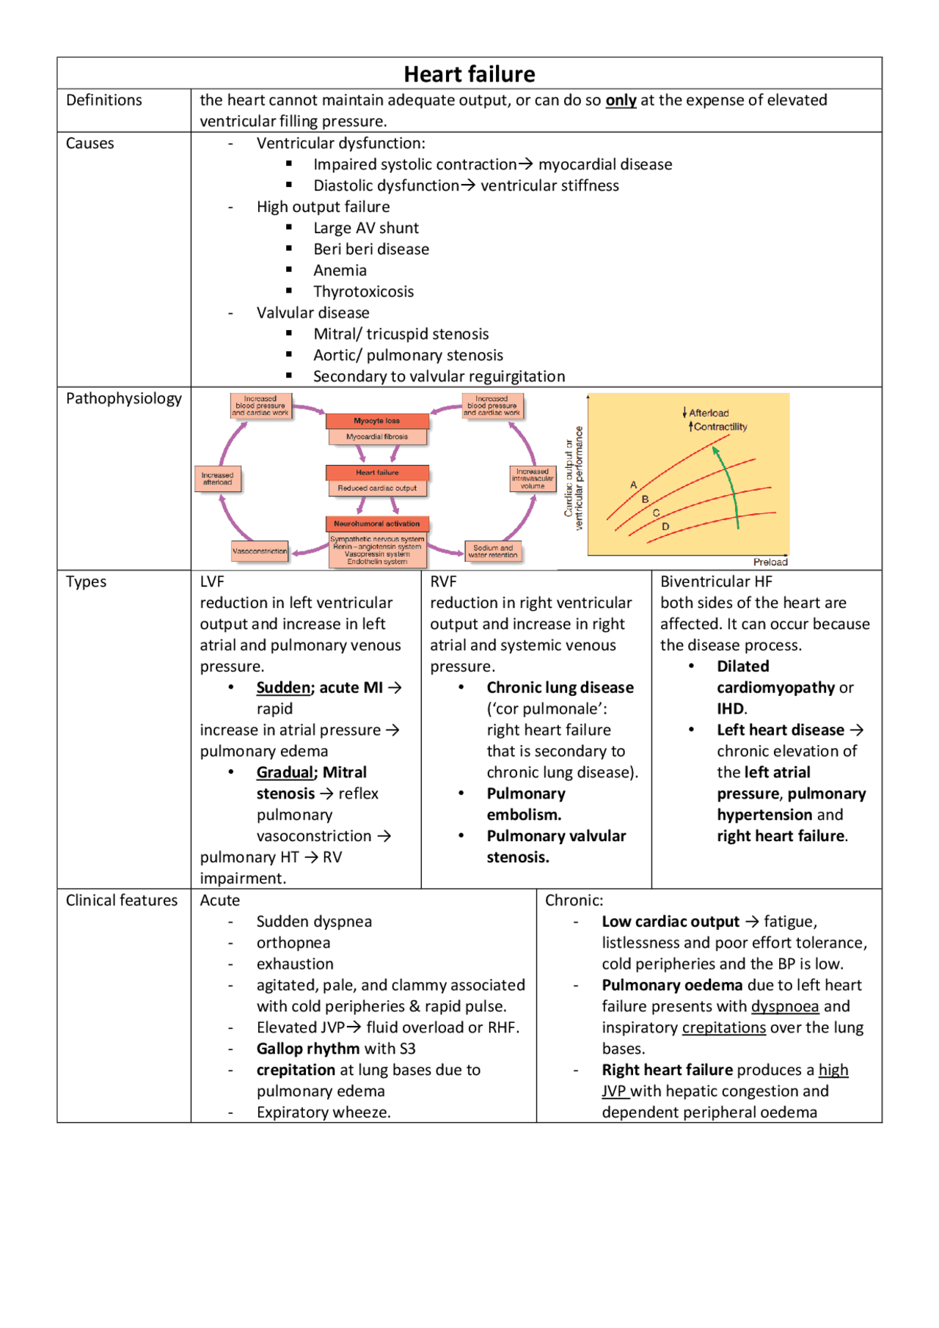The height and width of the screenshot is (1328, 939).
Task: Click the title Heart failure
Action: pyautogui.click(x=469, y=74)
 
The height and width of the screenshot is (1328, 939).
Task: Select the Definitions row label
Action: pyautogui.click(x=104, y=100)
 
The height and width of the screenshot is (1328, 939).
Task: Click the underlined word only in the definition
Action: pyautogui.click(x=621, y=100)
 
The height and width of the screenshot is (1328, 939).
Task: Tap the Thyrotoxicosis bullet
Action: pyautogui.click(x=363, y=292)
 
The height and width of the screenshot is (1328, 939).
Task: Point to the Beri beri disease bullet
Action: pyautogui.click(x=371, y=249)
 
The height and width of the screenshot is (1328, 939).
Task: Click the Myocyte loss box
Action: pyautogui.click(x=377, y=421)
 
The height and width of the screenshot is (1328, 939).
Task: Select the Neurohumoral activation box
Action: pyautogui.click(x=377, y=524)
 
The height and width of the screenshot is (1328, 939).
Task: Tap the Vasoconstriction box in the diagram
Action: pyautogui.click(x=260, y=551)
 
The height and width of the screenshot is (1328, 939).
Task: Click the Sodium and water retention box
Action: pyautogui.click(x=493, y=551)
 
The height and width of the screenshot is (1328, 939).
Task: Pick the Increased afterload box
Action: pyautogui.click(x=217, y=479)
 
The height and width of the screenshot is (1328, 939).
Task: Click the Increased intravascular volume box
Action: pyautogui.click(x=533, y=479)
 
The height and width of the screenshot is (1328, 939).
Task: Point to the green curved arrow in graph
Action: pyautogui.click(x=731, y=484)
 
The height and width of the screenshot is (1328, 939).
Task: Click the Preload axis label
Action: pyautogui.click(x=770, y=562)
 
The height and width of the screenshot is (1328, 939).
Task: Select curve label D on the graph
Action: pyautogui.click(x=665, y=527)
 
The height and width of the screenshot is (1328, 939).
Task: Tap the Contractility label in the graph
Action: pyautogui.click(x=720, y=427)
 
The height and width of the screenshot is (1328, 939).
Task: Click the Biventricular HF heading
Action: pyautogui.click(x=716, y=582)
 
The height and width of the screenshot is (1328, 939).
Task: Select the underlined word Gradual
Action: pyautogui.click(x=285, y=772)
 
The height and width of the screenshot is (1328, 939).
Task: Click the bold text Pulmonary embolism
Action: pyautogui.click(x=525, y=804)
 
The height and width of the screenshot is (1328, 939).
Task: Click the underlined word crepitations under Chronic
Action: pyautogui.click(x=723, y=1027)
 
